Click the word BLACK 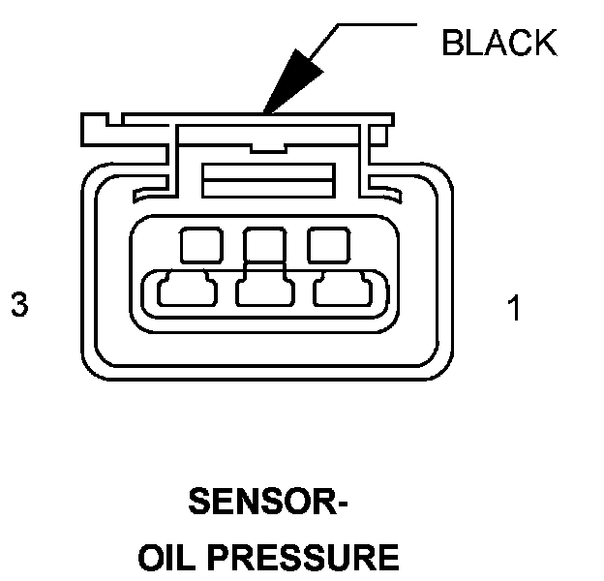click(x=498, y=43)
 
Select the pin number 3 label click(x=18, y=305)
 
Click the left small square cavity click(x=201, y=243)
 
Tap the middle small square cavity click(x=263, y=243)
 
